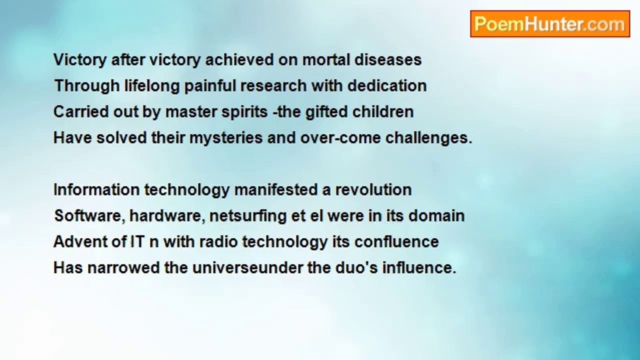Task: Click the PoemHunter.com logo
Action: pos(550,24)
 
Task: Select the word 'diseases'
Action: pos(387,60)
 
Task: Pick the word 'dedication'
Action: pos(387,85)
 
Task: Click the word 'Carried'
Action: pos(81,111)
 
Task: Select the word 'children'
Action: pos(383,111)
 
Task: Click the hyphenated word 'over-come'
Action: pos(340,138)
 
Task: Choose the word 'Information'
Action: pos(96,189)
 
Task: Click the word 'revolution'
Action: pos(373,189)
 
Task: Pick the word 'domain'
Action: pos(436,215)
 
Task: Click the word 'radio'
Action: pos(218,241)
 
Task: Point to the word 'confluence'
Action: pos(396,241)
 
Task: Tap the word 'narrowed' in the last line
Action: pos(123,268)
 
